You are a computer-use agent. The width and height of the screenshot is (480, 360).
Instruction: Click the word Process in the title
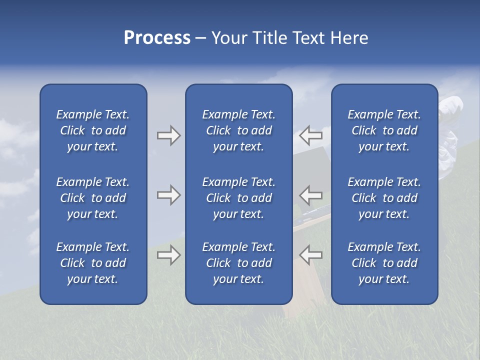157,38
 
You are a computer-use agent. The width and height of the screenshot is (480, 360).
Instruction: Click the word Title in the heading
269,38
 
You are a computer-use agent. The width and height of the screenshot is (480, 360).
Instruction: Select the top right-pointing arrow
168,135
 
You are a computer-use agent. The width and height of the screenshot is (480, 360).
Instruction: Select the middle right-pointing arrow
168,195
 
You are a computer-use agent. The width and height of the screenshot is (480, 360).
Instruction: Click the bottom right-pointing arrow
168,255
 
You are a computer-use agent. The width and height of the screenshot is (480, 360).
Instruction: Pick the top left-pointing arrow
310,135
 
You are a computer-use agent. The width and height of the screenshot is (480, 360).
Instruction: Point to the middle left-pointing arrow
310,194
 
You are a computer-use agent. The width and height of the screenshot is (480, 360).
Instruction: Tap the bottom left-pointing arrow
310,254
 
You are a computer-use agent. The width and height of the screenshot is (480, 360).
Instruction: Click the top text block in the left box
93,130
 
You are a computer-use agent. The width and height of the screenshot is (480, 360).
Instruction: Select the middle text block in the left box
93,198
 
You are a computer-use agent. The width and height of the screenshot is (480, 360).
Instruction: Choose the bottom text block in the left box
93,263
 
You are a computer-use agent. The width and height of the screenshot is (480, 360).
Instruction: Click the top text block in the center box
239,130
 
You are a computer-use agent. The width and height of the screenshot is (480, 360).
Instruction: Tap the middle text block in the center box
239,198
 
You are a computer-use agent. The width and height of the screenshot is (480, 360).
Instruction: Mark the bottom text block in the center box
239,263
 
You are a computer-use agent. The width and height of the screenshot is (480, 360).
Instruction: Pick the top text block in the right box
384,130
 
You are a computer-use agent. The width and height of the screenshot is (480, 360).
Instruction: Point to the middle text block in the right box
384,198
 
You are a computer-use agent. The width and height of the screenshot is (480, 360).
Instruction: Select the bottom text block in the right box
384,263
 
